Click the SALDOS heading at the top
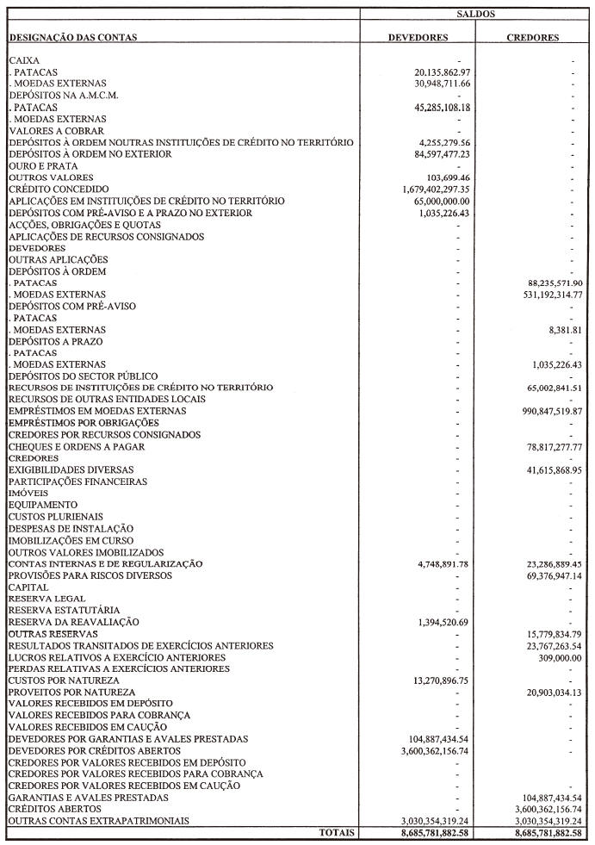(x=475, y=15)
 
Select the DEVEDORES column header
(x=418, y=38)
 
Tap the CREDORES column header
(x=533, y=38)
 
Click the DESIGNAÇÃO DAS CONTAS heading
(x=72, y=38)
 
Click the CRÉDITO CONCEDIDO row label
(x=59, y=189)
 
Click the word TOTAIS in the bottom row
(x=335, y=833)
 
